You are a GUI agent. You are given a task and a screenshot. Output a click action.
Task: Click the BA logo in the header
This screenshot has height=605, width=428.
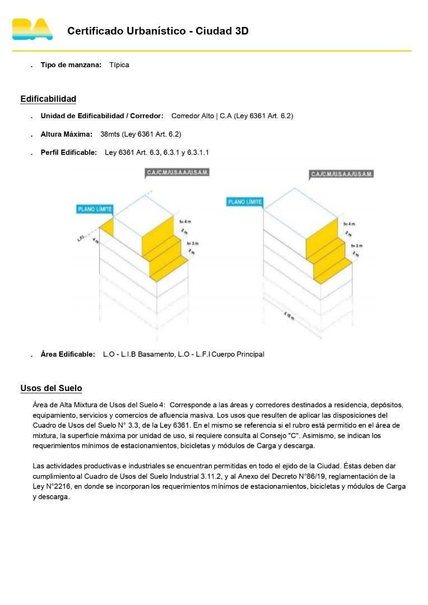pos(32,29)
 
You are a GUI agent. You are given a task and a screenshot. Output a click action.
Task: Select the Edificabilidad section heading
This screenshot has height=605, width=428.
pos(48,99)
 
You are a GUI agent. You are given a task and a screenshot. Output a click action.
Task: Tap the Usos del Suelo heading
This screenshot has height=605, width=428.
pos(51,388)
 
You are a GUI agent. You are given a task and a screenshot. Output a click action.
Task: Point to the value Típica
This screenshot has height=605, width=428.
pos(119,65)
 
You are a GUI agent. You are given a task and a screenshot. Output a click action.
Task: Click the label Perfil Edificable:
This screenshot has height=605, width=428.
pos(68,152)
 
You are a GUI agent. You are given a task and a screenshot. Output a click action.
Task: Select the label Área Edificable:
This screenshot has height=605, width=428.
pos(68,354)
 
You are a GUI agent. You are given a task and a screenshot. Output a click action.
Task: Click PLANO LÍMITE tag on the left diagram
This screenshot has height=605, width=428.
pos(95,210)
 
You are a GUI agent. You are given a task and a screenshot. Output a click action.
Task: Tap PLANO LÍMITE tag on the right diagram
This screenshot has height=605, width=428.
pos(245,202)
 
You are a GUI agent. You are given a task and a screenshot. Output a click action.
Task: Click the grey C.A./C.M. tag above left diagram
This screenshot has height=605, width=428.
pos(177,173)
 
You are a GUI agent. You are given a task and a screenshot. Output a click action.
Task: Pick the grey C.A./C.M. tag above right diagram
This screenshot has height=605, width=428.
pos(342,174)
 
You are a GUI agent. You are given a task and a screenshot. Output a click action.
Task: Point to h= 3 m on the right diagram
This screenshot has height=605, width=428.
pos(357,246)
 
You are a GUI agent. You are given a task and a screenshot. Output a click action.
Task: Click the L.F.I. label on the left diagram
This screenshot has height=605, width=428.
pos(81,239)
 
